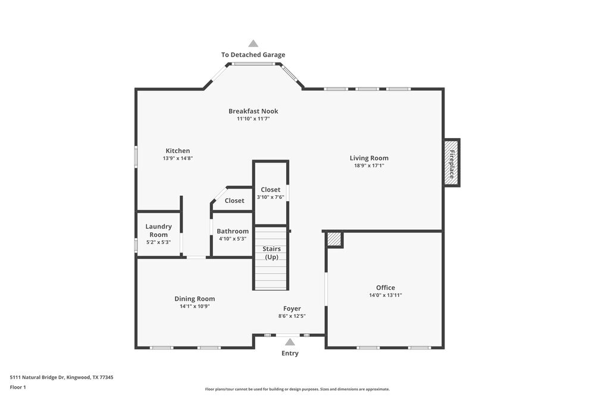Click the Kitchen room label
[x=177, y=151]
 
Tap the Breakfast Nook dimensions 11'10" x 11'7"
[x=253, y=119]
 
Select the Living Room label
[x=369, y=158]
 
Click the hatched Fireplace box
[x=452, y=163]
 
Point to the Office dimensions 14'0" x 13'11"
[x=386, y=295]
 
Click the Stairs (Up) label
[x=272, y=253]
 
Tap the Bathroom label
[x=233, y=231]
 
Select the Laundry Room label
[x=158, y=230]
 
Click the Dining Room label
[x=195, y=299]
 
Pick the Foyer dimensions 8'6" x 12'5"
[x=292, y=316]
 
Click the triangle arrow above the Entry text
[x=290, y=342]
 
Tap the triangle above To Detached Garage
[x=253, y=43]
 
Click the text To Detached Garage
[x=253, y=55]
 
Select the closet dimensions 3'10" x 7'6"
[x=271, y=197]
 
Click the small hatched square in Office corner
[x=334, y=239]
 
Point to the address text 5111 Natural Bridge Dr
[x=61, y=377]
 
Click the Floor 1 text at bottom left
[x=18, y=387]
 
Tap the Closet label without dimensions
[x=234, y=201]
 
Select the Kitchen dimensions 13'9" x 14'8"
[x=178, y=158]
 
